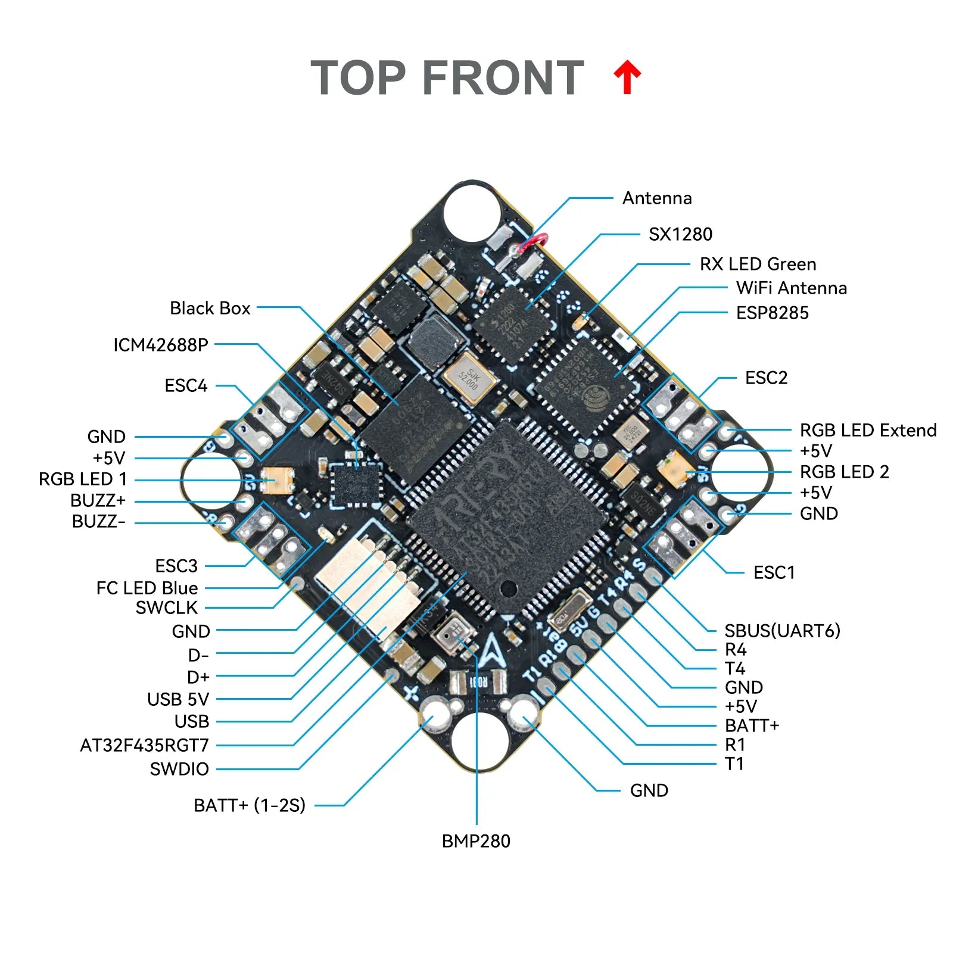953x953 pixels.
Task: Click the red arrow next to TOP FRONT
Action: (x=627, y=77)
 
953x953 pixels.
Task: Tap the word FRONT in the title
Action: (x=503, y=78)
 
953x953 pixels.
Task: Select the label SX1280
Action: (x=680, y=234)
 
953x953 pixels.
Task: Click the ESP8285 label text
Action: (x=772, y=313)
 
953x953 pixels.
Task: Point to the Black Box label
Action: (x=210, y=308)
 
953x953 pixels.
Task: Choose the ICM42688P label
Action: (x=161, y=345)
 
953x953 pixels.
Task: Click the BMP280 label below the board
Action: (x=476, y=841)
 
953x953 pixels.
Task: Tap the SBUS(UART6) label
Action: (x=781, y=630)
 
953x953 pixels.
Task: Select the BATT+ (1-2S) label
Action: (x=249, y=805)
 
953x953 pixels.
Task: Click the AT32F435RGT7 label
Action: (x=145, y=745)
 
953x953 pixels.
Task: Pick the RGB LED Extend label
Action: (x=868, y=430)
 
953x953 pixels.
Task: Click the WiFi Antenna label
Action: (x=791, y=288)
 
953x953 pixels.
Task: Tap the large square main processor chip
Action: (x=506, y=518)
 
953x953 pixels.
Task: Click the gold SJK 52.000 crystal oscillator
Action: (x=469, y=378)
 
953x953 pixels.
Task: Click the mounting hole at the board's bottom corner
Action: (x=480, y=739)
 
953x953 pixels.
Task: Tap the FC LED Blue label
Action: (x=147, y=588)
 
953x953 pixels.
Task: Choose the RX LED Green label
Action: (x=758, y=264)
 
